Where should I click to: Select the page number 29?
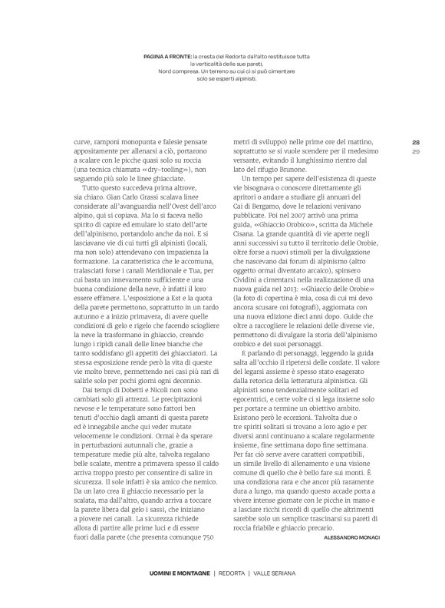coord(415,151)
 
